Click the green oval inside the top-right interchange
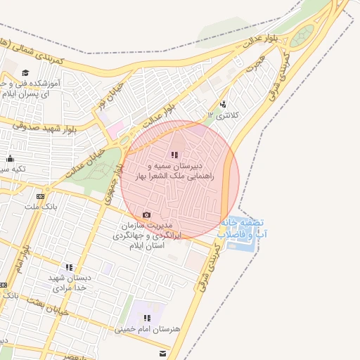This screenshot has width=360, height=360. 302,36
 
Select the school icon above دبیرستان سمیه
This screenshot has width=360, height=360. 174,155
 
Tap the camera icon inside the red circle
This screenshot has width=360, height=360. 146,214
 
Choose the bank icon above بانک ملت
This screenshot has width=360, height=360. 40,196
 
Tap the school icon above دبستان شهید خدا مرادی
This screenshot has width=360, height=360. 68,267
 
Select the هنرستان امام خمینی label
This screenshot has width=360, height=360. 147,328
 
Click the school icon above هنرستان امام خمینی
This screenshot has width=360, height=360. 147,318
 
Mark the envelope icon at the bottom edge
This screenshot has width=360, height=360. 163,352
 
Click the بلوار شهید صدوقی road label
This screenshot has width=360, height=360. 44,127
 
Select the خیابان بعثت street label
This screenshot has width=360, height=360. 48,306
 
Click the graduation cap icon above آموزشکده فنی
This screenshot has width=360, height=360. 25,72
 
